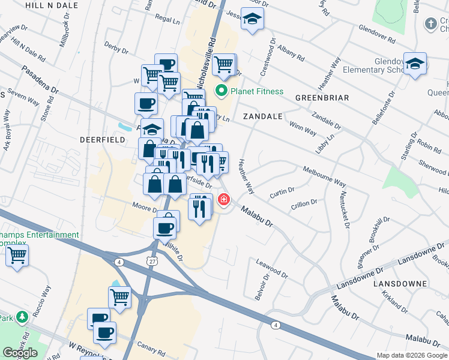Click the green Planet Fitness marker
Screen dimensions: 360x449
coord(221,92)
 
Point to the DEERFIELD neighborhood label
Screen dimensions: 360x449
coord(103,139)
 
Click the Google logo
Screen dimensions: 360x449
coord(20,353)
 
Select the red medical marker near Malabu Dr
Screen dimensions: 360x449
coord(224,199)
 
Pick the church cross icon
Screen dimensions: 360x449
coord(430,24)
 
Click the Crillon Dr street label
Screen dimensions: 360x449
coord(304,203)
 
